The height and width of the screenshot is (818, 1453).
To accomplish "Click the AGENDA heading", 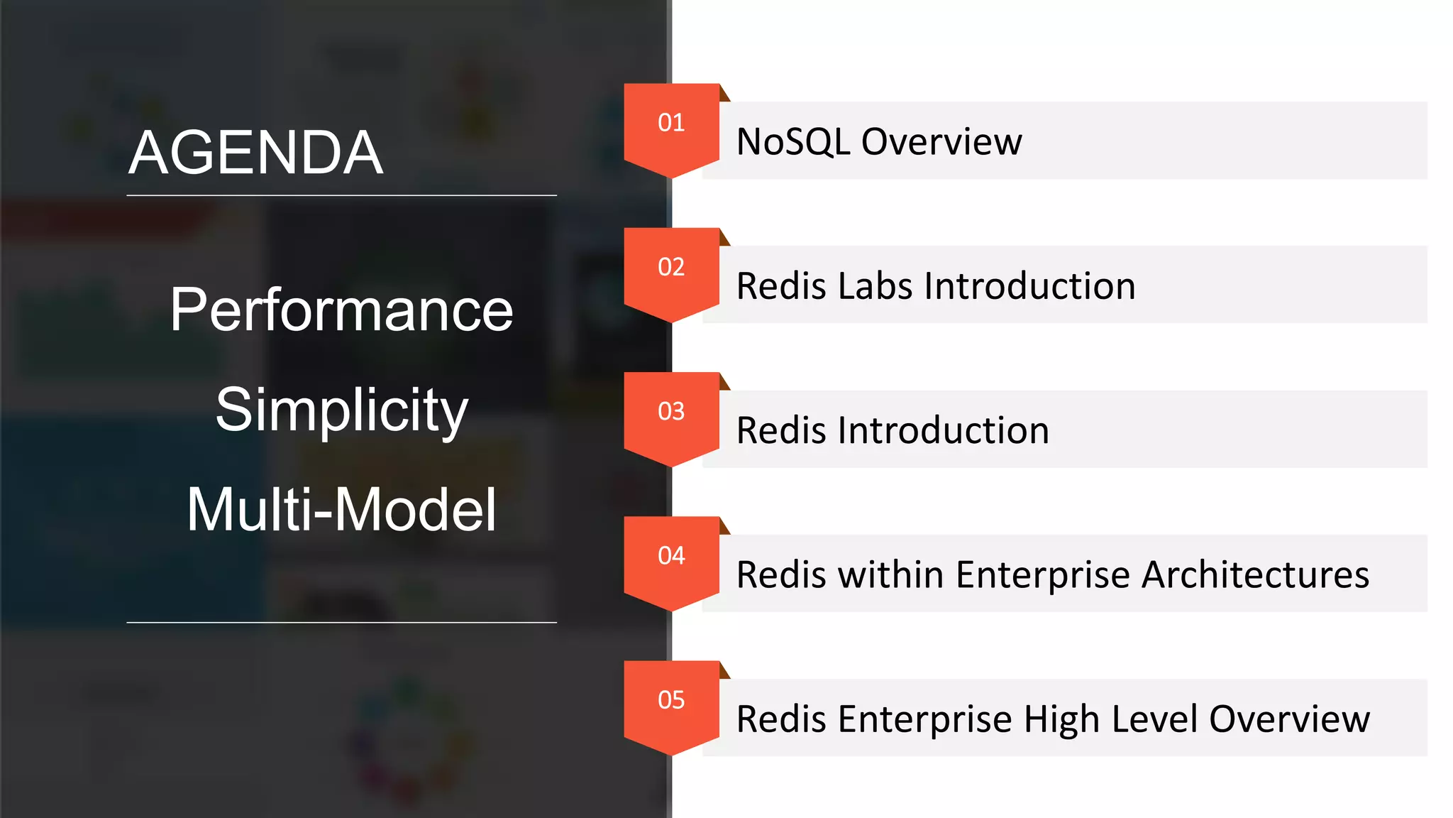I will click(x=256, y=153).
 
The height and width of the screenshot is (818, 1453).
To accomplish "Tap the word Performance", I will click(x=341, y=310).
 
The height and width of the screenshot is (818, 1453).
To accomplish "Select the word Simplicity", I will click(x=341, y=410).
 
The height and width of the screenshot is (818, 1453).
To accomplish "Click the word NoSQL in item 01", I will click(x=793, y=142).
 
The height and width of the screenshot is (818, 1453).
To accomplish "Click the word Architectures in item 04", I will click(x=1255, y=574).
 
